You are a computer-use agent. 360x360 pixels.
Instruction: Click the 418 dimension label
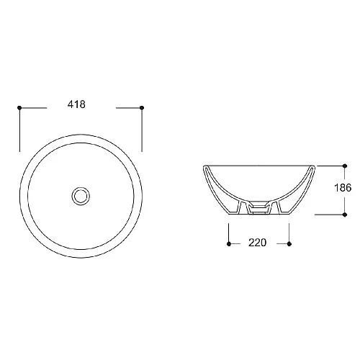click(x=76, y=104)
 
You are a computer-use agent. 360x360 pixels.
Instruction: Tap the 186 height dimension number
click(x=343, y=187)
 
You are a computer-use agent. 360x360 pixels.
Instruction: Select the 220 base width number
click(x=257, y=243)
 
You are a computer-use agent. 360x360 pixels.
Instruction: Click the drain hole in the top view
click(x=81, y=196)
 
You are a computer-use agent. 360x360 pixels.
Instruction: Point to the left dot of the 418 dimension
click(x=19, y=108)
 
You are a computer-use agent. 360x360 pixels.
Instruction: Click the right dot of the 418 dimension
click(x=142, y=108)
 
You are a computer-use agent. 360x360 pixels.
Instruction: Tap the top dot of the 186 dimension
click(x=345, y=166)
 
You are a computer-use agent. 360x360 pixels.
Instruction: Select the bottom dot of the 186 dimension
click(x=345, y=215)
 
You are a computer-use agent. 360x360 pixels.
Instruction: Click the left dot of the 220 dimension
click(x=229, y=244)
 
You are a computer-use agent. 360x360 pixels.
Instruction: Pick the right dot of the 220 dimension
click(x=289, y=244)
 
